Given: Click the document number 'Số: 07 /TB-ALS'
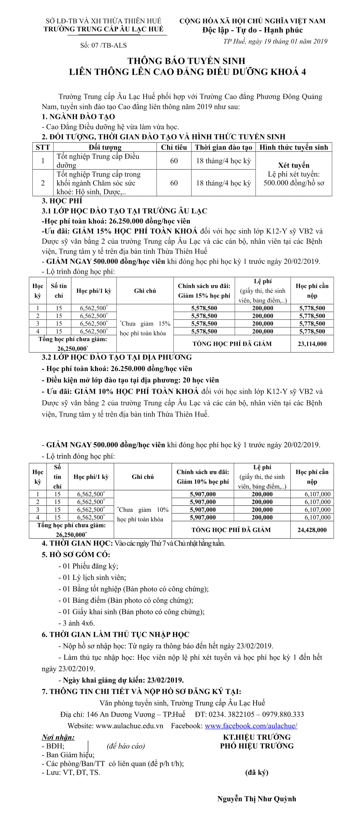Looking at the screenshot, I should click(x=103, y=46).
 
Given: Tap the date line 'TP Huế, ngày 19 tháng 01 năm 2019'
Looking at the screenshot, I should click(x=275, y=41).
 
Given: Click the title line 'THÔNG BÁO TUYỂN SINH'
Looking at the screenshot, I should click(x=186, y=61).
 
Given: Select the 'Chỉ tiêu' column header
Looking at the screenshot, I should click(x=174, y=147).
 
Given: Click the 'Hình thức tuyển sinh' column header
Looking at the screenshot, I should click(x=294, y=147).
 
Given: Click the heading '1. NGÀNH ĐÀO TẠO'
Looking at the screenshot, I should click(x=78, y=117).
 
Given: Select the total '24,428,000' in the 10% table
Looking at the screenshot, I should click(x=312, y=530).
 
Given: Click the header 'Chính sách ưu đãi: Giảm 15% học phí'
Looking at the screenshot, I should click(x=204, y=291).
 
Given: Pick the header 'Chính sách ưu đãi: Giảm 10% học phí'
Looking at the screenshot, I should click(x=203, y=477).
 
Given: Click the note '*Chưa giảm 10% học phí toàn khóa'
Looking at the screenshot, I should click(x=143, y=514).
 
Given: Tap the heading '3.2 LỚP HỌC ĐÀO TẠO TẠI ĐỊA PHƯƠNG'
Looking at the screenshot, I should click(x=117, y=357).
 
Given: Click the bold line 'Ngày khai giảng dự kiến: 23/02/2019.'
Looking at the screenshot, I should click(x=123, y=680).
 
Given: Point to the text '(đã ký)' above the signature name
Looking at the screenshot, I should click(x=257, y=772).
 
